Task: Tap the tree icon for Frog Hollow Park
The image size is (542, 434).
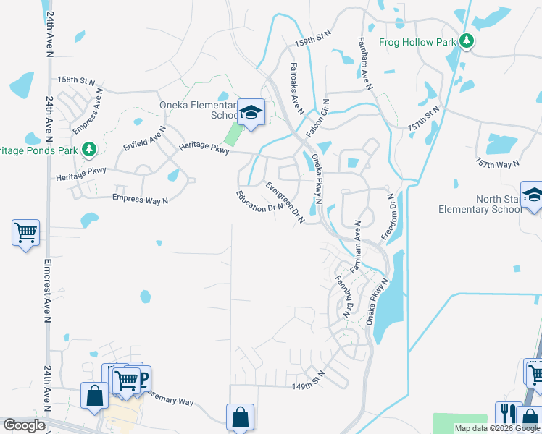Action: click(467, 41)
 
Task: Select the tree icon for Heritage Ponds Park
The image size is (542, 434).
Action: click(89, 150)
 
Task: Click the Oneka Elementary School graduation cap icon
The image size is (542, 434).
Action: click(251, 113)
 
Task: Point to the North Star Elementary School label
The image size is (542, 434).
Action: click(479, 204)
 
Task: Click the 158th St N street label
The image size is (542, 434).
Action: click(76, 80)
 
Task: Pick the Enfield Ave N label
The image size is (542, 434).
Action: click(145, 137)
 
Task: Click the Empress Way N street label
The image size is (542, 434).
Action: click(140, 197)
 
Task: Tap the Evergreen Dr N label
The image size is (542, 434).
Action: click(284, 200)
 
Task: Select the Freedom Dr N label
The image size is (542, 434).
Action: click(393, 217)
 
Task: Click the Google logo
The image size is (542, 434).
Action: click(24, 425)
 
